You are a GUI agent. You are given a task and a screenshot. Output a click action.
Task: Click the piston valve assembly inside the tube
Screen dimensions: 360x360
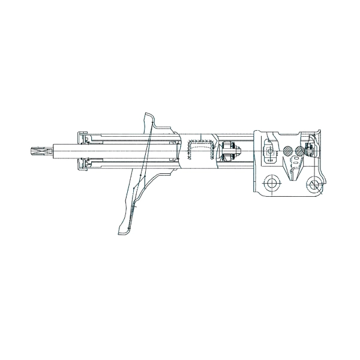(227, 151)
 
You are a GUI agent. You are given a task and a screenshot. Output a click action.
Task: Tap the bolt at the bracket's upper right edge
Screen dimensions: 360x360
(311, 148)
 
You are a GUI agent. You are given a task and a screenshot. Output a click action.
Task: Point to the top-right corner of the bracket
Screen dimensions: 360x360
(321, 128)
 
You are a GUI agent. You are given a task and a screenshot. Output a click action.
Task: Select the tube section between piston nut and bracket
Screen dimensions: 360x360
(247, 151)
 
